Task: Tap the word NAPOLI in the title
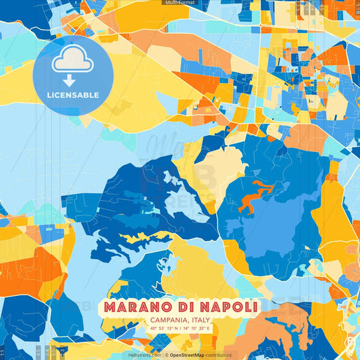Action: coord(228,308)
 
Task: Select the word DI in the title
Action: coord(180,308)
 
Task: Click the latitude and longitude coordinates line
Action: coord(180,328)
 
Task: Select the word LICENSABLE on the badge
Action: coord(73,95)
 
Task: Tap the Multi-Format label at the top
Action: coord(180,3)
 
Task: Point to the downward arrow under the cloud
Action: coord(70,80)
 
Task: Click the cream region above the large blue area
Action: coord(216,165)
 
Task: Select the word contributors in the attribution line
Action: coord(218,355)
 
